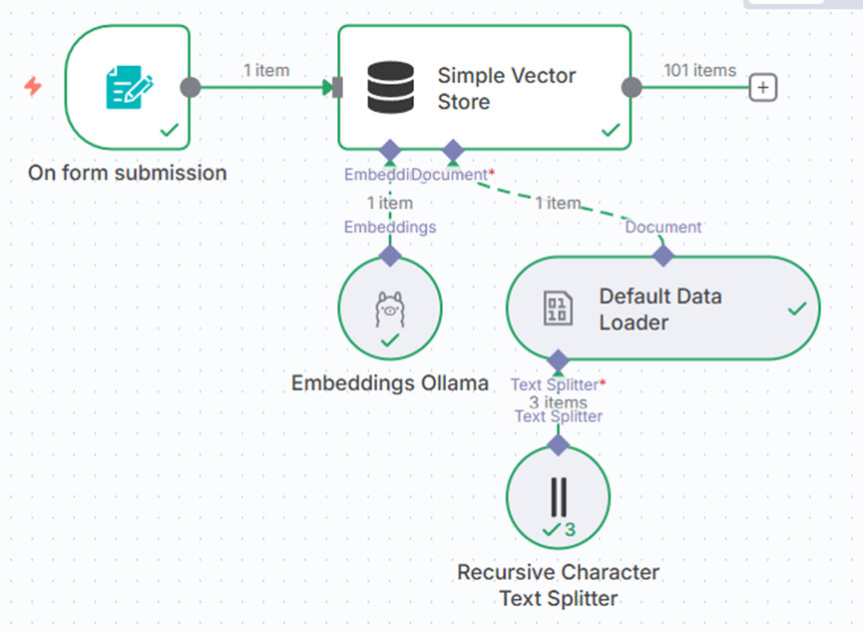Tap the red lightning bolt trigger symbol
point(33,87)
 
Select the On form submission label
point(128,173)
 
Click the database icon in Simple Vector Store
point(390,87)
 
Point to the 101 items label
point(699,70)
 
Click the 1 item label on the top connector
point(266,70)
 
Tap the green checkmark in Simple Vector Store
point(611,130)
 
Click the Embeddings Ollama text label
point(390,382)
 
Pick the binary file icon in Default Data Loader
point(558,309)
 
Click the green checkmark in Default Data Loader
point(796,310)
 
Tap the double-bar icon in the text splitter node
point(558,496)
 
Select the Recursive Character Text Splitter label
point(558,586)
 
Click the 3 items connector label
point(558,402)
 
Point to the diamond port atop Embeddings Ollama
point(390,256)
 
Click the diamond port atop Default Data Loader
point(663,256)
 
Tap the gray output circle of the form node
point(190,87)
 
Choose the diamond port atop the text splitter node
point(558,443)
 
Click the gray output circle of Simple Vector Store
point(632,87)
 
